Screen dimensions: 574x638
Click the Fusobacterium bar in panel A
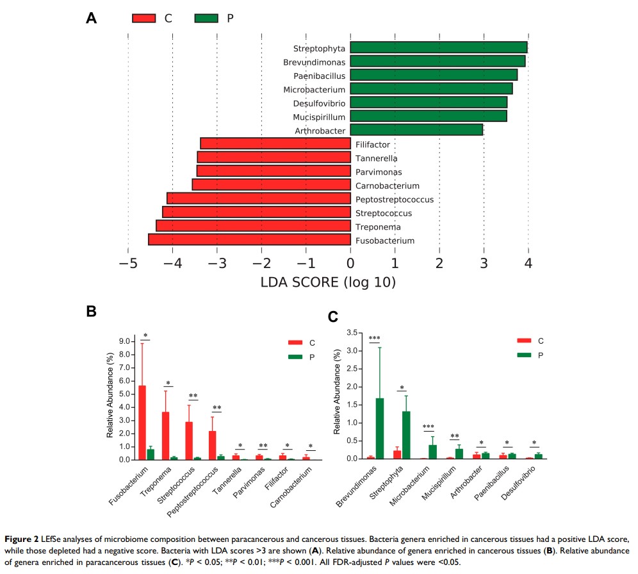249,240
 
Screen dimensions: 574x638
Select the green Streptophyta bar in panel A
439,47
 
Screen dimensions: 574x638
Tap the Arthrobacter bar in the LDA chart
416,130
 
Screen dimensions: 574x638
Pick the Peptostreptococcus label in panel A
394,199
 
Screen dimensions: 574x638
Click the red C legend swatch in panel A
144,18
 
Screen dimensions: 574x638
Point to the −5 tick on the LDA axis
127,263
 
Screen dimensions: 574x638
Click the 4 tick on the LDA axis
528,263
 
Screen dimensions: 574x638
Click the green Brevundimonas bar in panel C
380,428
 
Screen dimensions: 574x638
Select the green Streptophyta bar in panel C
406,435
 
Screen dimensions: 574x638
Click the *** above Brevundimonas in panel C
374,339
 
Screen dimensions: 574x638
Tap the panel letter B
92,312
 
